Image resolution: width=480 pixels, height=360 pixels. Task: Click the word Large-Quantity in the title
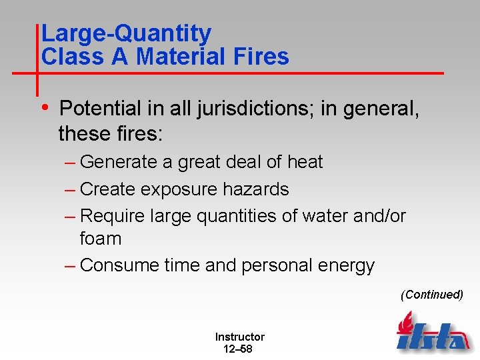[126, 33]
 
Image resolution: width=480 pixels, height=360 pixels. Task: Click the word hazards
[257, 189]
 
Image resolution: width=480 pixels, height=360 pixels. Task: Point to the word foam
[100, 238]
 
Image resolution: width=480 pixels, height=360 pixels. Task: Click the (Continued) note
[432, 295]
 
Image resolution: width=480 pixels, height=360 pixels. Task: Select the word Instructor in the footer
[239, 337]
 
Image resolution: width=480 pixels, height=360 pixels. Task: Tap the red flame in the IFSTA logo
[405, 323]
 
